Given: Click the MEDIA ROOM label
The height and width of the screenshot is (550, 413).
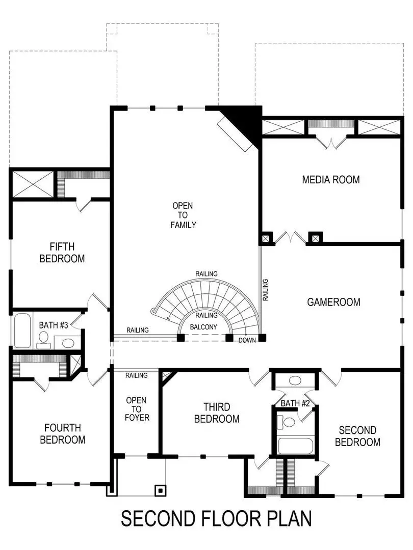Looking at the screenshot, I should pos(330,179).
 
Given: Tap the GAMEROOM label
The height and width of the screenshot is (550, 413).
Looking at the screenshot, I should pos(333,302).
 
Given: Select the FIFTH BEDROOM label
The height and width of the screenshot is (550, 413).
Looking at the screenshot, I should pos(62,252).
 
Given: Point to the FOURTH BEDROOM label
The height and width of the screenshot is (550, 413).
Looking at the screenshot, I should pos(62,433).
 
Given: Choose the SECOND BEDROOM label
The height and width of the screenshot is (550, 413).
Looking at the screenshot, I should pos(357,436).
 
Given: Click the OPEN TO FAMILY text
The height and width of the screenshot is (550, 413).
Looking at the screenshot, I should pos(183,215).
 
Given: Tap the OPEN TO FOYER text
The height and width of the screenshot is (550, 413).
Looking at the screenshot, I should pos(137,408).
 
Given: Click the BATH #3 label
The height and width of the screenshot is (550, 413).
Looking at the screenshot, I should pos(54,325).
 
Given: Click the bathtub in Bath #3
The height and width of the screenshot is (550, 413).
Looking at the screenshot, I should pos(23,331).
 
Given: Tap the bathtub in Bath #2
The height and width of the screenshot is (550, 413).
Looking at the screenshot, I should pos(295,446).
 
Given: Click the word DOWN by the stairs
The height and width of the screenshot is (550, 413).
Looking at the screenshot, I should pos(247,340).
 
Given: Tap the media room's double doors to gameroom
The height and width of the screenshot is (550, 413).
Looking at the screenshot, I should pos(291,238).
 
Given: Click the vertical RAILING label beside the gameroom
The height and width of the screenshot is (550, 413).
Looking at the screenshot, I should pos(266,289).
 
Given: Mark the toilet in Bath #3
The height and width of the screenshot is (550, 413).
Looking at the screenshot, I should pos(44,339).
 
